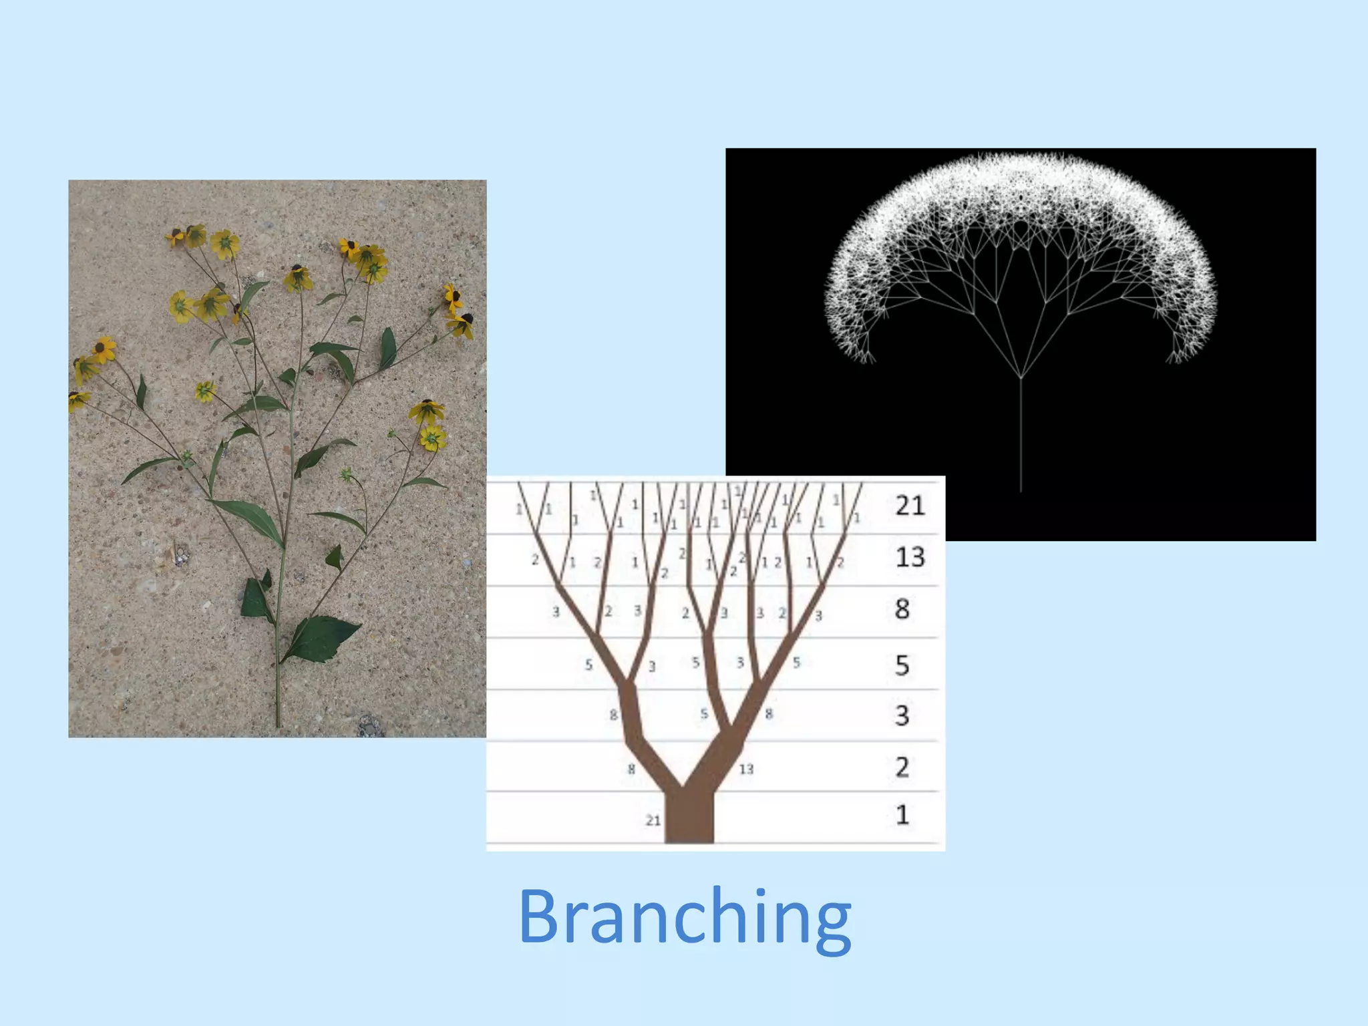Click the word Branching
click(685, 918)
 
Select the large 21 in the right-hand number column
click(910, 506)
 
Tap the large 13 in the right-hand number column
click(910, 557)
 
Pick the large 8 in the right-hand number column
click(902, 609)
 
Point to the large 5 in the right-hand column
click(902, 665)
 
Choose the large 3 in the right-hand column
click(902, 715)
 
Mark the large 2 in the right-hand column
click(902, 767)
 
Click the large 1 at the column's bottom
click(902, 815)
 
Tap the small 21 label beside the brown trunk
click(653, 820)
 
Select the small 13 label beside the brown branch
click(746, 769)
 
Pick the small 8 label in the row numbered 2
click(631, 769)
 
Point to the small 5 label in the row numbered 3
click(704, 714)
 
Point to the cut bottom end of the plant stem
click(278, 724)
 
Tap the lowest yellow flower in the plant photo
click(432, 438)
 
